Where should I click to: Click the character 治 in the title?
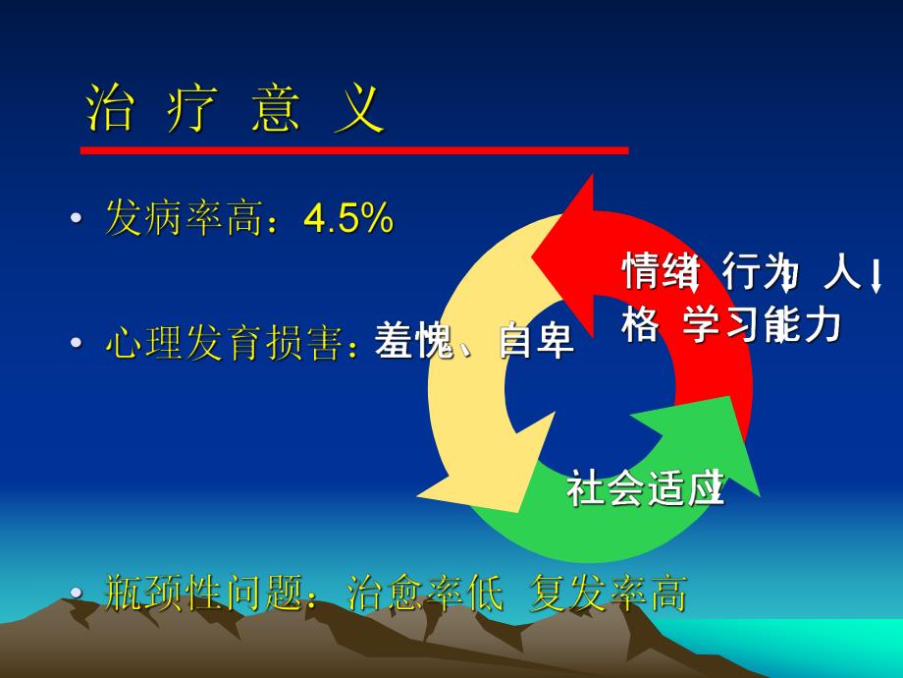tap(110, 108)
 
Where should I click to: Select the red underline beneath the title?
tap(353, 150)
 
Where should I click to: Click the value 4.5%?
tap(348, 219)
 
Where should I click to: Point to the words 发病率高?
tap(186, 219)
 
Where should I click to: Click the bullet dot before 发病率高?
tap(76, 221)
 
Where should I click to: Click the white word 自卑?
tap(536, 344)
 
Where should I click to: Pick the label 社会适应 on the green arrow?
tap(645, 488)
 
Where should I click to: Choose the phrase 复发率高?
tap(609, 593)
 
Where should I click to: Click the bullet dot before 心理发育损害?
tap(76, 346)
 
